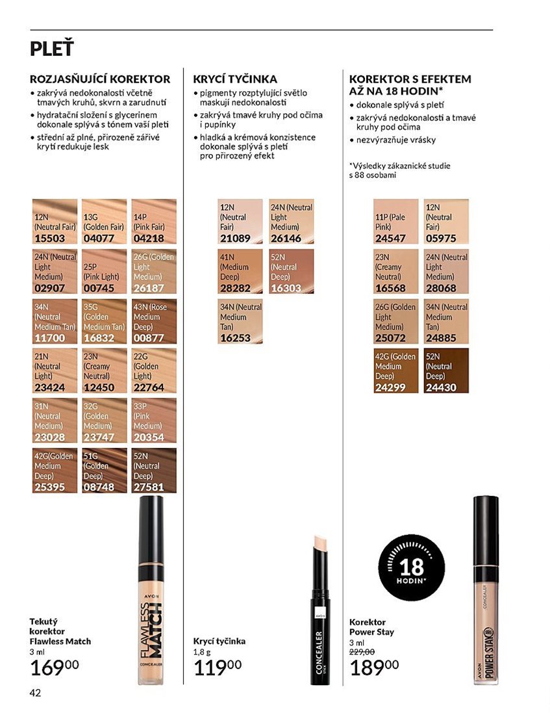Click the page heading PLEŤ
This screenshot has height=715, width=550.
point(51,49)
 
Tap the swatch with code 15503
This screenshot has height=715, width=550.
point(55,222)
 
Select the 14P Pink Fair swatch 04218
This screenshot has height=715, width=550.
point(154,222)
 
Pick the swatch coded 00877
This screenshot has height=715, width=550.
point(154,321)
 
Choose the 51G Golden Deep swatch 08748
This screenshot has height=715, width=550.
point(105,470)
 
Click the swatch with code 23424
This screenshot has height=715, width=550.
point(55,370)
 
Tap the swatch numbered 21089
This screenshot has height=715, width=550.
point(240,222)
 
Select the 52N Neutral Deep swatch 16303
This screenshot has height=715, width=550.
point(291,271)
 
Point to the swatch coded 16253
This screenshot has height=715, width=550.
point(240,321)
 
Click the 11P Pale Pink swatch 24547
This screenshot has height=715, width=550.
point(395,222)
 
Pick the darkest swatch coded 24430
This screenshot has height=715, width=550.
point(446,370)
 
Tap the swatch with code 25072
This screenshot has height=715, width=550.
point(395,321)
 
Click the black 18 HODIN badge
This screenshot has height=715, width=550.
point(412,567)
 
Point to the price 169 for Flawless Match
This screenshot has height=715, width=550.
point(55,668)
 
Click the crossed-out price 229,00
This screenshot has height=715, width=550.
point(362,652)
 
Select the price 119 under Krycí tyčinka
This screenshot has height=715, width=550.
point(218,668)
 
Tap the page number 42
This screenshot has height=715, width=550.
point(35,693)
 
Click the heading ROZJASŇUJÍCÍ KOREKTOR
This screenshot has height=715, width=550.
point(100,79)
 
